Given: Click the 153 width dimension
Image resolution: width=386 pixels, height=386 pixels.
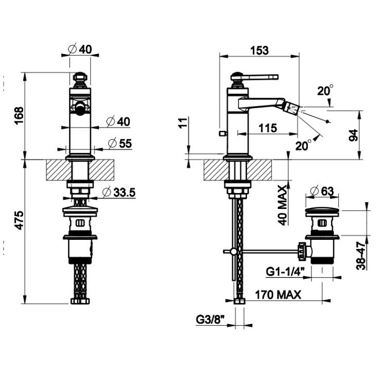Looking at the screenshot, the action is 259,50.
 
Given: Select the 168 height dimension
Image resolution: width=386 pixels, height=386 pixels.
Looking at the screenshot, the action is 19,116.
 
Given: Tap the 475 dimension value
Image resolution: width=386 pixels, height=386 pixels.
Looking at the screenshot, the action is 19,220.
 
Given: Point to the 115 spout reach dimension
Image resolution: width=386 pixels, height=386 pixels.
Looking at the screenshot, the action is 268,128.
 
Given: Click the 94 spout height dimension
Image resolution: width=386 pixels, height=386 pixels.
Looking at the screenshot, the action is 354,135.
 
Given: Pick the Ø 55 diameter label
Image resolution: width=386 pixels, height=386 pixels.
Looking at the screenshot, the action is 120,144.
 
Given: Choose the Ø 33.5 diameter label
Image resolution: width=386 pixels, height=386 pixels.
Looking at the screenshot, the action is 119,192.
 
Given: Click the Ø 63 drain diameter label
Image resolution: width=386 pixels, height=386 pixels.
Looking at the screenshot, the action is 322,191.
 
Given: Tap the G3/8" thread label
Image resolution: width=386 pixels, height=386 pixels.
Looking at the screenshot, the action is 210,320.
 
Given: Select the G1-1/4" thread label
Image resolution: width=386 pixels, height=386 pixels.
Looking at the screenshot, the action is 285,272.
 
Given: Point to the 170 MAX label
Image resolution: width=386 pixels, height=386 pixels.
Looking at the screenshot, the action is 278,294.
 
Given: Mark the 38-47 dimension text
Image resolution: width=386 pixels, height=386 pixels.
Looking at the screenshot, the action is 361,256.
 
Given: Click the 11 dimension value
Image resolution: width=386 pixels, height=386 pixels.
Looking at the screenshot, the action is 183,122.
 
